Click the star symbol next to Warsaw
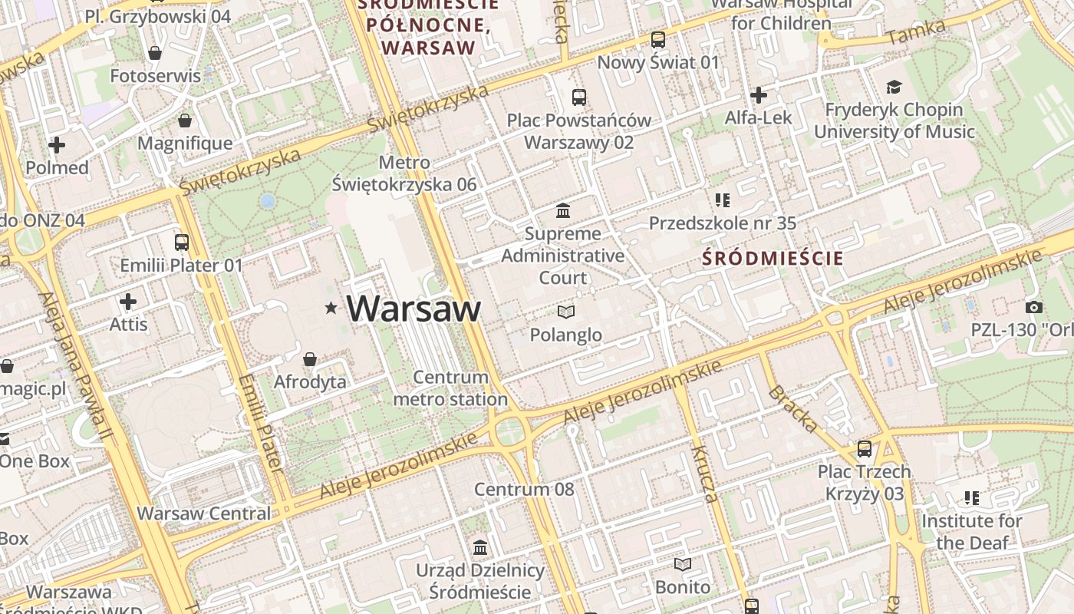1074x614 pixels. click(x=331, y=308)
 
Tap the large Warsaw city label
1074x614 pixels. click(x=413, y=309)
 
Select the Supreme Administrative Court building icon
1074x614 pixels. click(x=563, y=210)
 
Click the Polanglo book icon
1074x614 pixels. click(x=566, y=312)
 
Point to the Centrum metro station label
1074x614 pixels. click(x=451, y=388)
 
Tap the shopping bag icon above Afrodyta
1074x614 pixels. click(x=310, y=358)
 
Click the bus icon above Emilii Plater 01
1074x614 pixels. click(x=182, y=243)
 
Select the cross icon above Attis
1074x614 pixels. click(x=128, y=301)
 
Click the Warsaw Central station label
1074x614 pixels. click(x=204, y=513)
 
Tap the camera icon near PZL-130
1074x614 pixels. click(x=1034, y=307)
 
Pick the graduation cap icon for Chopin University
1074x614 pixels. click(x=894, y=87)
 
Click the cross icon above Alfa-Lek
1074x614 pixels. click(x=759, y=95)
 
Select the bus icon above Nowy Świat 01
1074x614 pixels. click(x=658, y=39)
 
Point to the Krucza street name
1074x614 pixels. click(x=705, y=473)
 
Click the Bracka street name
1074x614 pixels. click(x=792, y=408)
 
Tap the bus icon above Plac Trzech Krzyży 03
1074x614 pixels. click(x=865, y=448)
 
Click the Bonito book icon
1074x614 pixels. click(x=683, y=564)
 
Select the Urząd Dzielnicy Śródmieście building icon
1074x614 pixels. click(x=480, y=547)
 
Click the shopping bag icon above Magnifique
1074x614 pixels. click(x=185, y=120)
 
